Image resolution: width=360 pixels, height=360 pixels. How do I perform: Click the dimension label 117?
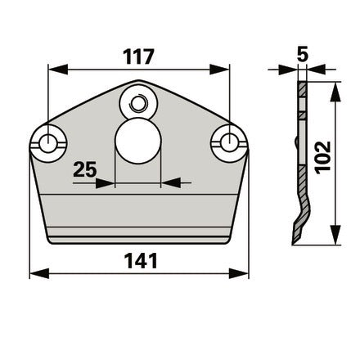click(x=138, y=56)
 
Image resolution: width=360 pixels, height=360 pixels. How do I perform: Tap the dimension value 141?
click(x=141, y=261)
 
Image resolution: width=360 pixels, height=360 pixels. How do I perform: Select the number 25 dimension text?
click(x=85, y=169)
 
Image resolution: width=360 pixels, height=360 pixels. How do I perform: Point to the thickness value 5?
click(x=303, y=54)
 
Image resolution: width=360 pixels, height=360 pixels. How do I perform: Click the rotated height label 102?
click(x=322, y=157)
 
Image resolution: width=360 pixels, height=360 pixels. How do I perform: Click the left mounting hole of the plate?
click(x=48, y=143)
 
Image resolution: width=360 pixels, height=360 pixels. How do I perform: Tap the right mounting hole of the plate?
click(x=229, y=143)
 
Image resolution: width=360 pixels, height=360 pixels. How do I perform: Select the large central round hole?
click(x=138, y=141)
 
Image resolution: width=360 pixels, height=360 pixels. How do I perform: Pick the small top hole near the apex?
click(x=138, y=103)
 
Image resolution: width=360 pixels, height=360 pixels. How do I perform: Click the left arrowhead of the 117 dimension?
click(x=58, y=70)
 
